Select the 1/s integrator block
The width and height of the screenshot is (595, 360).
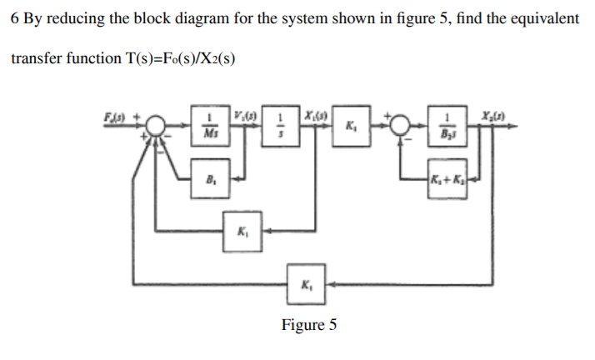click(x=282, y=126)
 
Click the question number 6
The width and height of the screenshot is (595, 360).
click(x=15, y=18)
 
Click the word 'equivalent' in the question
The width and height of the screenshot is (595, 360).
click(x=537, y=18)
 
